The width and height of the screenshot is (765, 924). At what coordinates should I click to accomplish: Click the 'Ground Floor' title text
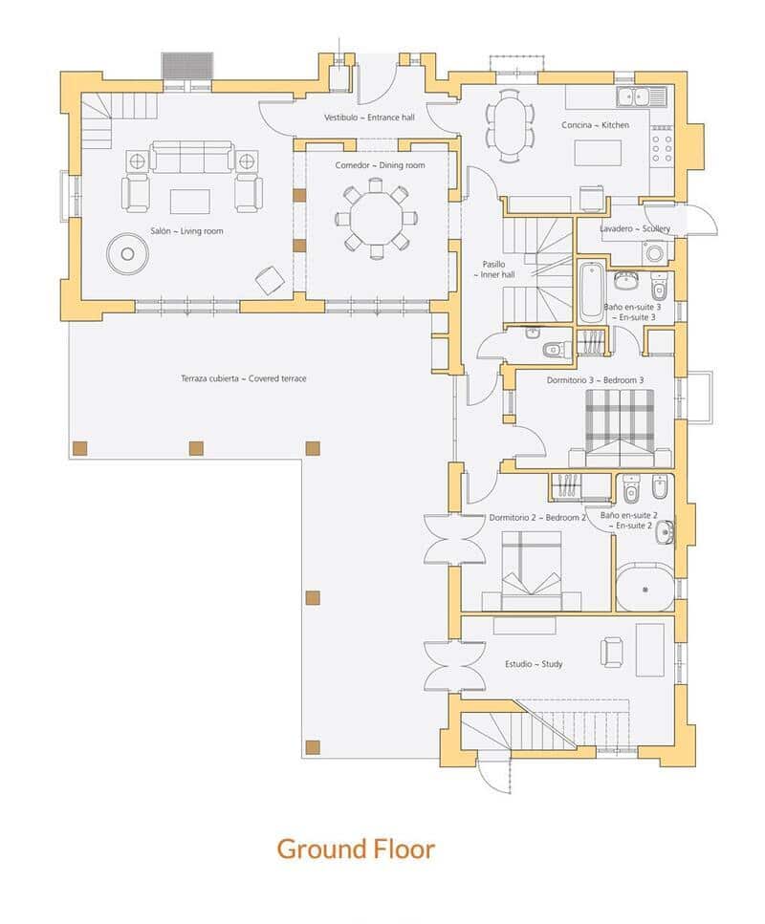(x=356, y=849)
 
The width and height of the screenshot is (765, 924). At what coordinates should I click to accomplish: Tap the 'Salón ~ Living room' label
(x=186, y=231)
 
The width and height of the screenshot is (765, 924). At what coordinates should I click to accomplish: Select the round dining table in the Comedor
(x=376, y=219)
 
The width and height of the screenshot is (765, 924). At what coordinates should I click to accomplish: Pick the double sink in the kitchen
(x=633, y=96)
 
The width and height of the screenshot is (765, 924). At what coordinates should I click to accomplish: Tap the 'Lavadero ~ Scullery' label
(x=635, y=229)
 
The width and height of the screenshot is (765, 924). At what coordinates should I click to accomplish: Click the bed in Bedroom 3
(x=619, y=428)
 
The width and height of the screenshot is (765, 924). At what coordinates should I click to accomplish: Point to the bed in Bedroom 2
(x=531, y=570)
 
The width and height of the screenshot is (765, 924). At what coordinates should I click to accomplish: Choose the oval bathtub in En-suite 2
(x=645, y=589)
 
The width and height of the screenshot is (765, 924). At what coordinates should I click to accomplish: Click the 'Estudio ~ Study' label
(x=533, y=663)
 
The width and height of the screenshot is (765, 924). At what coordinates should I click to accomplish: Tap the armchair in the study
(x=612, y=652)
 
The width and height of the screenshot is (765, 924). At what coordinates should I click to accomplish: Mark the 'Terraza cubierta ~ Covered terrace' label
(x=243, y=379)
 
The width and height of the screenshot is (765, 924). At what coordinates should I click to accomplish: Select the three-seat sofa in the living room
(x=192, y=158)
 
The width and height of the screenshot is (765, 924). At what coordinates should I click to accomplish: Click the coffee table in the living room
(x=190, y=201)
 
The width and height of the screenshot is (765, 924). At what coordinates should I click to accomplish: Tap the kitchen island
(x=597, y=154)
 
